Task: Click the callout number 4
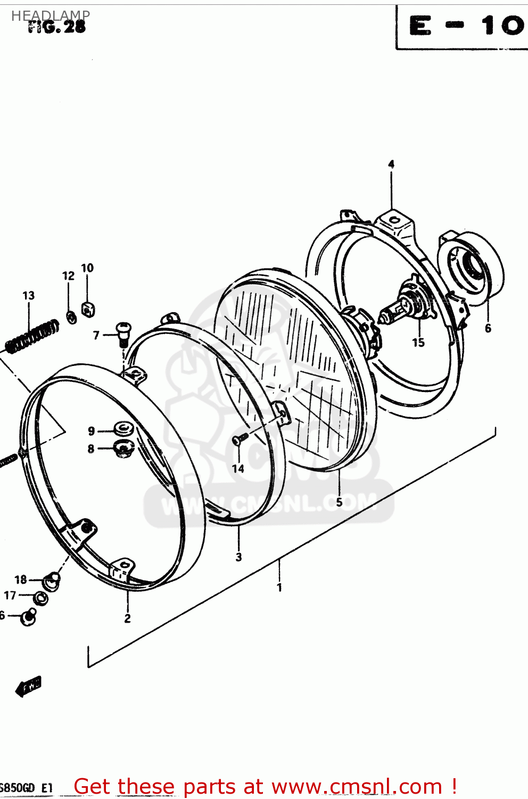tap(391, 164)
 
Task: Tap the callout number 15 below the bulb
tap(418, 343)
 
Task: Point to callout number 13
tap(29, 296)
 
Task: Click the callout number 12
tap(68, 276)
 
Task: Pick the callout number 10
tap(87, 268)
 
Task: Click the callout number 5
tap(339, 502)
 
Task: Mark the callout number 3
tap(238, 557)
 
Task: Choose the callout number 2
tap(127, 618)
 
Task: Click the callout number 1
tap(279, 588)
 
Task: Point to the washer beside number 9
tap(124, 429)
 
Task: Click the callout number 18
tap(21, 580)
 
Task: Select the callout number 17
tap(10, 596)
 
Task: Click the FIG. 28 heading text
tap(57, 28)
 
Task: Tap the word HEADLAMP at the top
tap(51, 15)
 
